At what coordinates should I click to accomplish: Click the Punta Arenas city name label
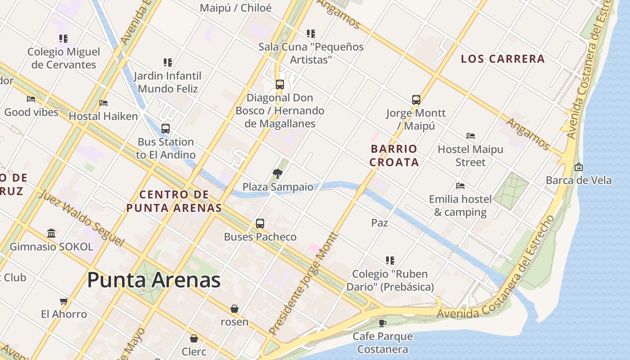(153, 280)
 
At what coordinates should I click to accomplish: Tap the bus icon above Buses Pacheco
(260, 223)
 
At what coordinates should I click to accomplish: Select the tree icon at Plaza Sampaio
(278, 173)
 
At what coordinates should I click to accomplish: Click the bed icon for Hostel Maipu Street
(471, 135)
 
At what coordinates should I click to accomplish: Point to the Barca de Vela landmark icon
(579, 167)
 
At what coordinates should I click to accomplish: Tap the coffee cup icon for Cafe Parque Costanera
(382, 323)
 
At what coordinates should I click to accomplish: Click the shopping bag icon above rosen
(234, 309)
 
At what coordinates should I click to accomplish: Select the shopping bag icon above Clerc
(194, 338)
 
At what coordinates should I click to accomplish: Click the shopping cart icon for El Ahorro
(64, 301)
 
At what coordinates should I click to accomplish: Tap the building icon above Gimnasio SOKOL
(51, 233)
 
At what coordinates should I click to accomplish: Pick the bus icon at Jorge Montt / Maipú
(416, 99)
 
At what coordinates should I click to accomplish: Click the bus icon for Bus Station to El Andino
(166, 128)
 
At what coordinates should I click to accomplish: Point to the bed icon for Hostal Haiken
(103, 103)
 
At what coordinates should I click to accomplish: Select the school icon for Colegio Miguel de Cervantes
(63, 38)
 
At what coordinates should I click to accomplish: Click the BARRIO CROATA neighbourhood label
(394, 155)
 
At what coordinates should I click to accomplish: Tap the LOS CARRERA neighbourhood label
(503, 58)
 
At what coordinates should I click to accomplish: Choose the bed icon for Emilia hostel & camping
(460, 185)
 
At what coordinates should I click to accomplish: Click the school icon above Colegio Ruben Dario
(390, 260)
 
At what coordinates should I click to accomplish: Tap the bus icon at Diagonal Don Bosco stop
(279, 84)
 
